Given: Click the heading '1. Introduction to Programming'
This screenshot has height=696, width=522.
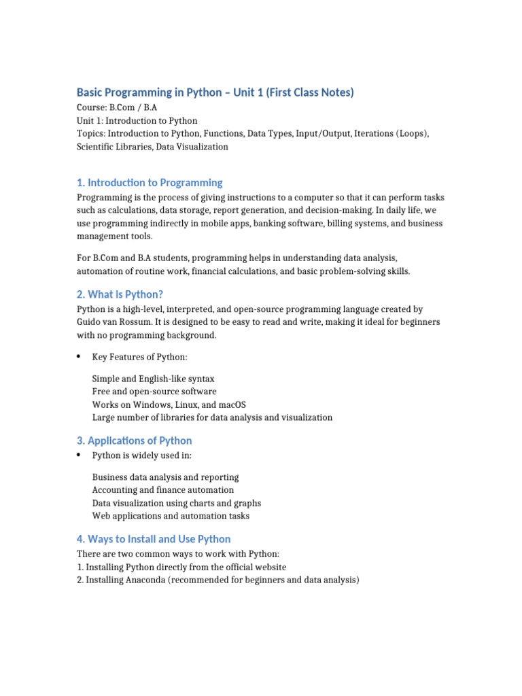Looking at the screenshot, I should point(149,182).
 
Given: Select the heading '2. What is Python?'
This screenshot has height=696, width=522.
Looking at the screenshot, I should point(120,294).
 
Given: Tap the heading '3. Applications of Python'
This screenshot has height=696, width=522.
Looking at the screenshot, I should point(134,440).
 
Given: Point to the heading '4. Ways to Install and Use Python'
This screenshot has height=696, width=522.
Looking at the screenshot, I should point(153,539).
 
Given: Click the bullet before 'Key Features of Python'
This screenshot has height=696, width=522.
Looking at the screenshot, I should point(79,357).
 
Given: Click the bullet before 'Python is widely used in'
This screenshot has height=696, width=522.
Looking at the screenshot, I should point(79,455).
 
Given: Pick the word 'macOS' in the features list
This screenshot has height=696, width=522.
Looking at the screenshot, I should point(232,404).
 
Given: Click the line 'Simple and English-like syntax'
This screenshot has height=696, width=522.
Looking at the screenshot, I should point(153,379).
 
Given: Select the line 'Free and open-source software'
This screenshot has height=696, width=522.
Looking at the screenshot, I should point(154,391).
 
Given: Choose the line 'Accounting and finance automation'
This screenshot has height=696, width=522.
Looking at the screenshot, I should point(162,490).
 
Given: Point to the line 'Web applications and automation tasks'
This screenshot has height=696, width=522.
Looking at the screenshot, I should point(171,516).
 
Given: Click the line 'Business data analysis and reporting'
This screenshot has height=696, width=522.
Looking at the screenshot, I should point(165,477).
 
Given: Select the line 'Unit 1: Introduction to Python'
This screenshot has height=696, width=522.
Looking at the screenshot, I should point(137,120).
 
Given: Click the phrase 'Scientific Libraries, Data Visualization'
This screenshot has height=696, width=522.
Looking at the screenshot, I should point(152,146).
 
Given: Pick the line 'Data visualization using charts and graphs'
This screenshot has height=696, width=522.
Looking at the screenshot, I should point(176,503).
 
